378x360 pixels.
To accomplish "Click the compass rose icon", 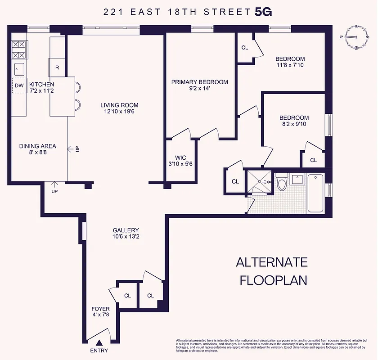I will coord(355,38).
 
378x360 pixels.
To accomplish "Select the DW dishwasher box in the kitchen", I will coord(19,85).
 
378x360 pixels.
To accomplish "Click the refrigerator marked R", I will coord(57,67).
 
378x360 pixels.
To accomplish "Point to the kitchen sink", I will coord(19,68).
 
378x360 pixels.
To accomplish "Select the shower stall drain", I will coord(260,182).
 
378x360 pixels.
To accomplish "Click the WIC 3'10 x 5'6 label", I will coord(180,161).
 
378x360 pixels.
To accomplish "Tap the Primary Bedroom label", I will coord(199,82).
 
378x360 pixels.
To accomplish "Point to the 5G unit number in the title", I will coord(263,12).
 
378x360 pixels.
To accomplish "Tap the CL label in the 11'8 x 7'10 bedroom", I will coord(245,47).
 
